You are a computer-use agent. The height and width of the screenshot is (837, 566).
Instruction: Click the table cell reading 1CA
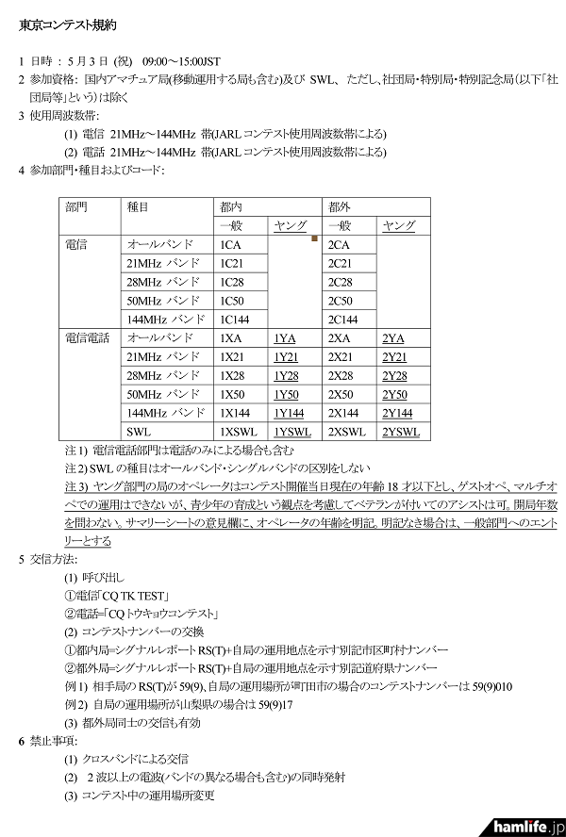(x=230, y=245)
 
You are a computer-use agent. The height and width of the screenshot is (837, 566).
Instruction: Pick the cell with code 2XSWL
(x=346, y=432)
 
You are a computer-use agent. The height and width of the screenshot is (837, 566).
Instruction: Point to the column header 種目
(x=138, y=206)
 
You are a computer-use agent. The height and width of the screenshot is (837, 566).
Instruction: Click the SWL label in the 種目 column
(x=137, y=432)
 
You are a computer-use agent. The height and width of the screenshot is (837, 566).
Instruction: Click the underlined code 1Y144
(x=291, y=413)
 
